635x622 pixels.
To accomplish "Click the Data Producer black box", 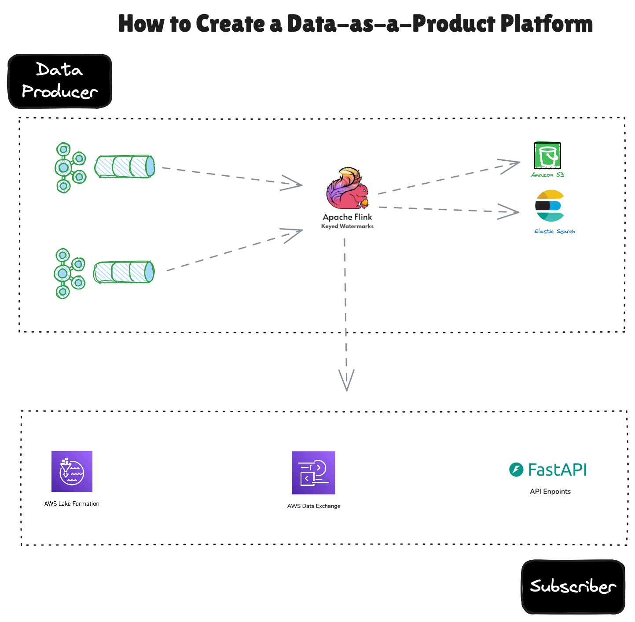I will coord(60,81).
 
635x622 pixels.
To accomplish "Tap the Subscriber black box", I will coord(573,587).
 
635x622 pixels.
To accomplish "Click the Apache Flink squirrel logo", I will coord(347,189).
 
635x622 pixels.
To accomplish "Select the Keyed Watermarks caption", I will coord(347,226).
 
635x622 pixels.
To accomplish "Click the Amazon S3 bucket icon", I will coord(547,155).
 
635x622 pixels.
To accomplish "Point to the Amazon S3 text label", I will coord(547,175).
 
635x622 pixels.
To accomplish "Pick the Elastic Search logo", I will coord(549,206).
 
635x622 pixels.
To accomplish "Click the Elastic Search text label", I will coord(554,231).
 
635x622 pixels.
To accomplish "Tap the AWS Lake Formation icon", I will coord(72,471).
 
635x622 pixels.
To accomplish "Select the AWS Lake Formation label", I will coord(72,504).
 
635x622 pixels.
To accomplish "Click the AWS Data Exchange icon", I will coord(313,473).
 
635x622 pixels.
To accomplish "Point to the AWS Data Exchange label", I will coord(314,506).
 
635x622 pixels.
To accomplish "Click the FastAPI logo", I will coord(548,470).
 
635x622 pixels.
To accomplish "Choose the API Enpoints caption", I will coord(550,492).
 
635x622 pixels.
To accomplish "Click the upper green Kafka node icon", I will coord(70,167).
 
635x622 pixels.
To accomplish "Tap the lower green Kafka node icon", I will coord(69,274).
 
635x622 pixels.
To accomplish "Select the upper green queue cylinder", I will coord(125,167).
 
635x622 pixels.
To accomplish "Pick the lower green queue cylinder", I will coord(124,272).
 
